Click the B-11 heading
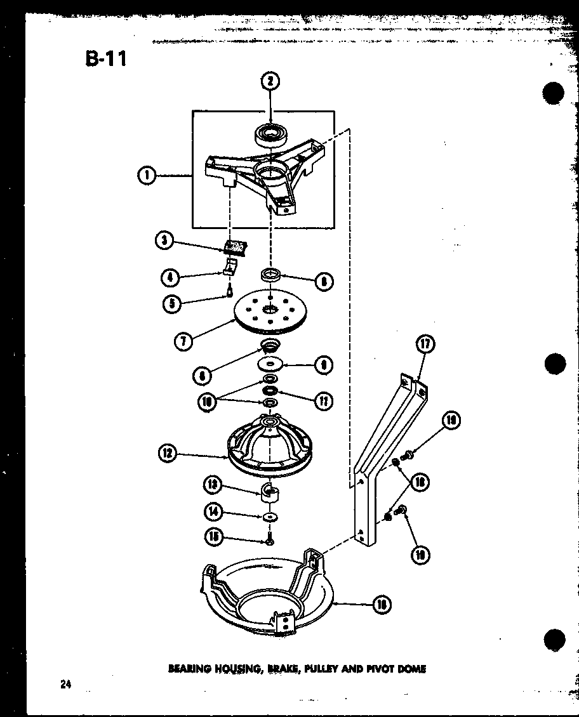click(105, 58)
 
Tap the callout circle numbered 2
click(270, 81)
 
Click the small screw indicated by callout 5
click(229, 291)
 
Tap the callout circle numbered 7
click(184, 340)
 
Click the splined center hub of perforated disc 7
click(271, 309)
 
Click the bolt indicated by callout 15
click(270, 541)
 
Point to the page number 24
click(66, 684)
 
